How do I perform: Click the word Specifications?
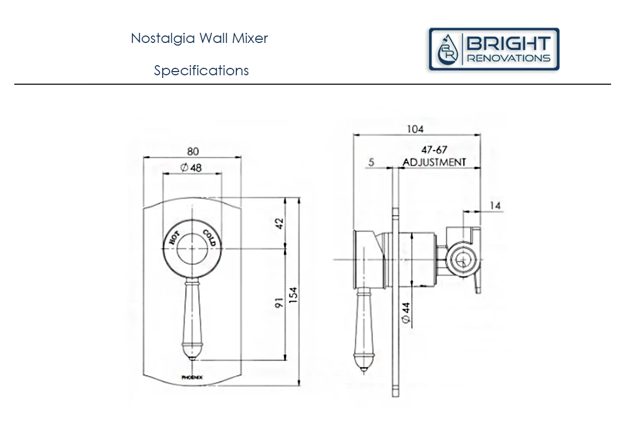tap(201, 70)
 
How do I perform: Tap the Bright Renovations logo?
tap(494, 49)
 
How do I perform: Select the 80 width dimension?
tap(192, 151)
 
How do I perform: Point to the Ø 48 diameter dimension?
tap(191, 168)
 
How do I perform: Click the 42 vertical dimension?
tap(281, 223)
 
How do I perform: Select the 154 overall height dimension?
tap(295, 296)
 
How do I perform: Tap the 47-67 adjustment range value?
tap(434, 150)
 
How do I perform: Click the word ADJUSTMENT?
tap(434, 162)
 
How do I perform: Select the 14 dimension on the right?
tap(495, 206)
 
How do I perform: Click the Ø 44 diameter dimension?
tap(406, 311)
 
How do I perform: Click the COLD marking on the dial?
tap(209, 237)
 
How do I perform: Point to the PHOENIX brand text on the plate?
tap(192, 377)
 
